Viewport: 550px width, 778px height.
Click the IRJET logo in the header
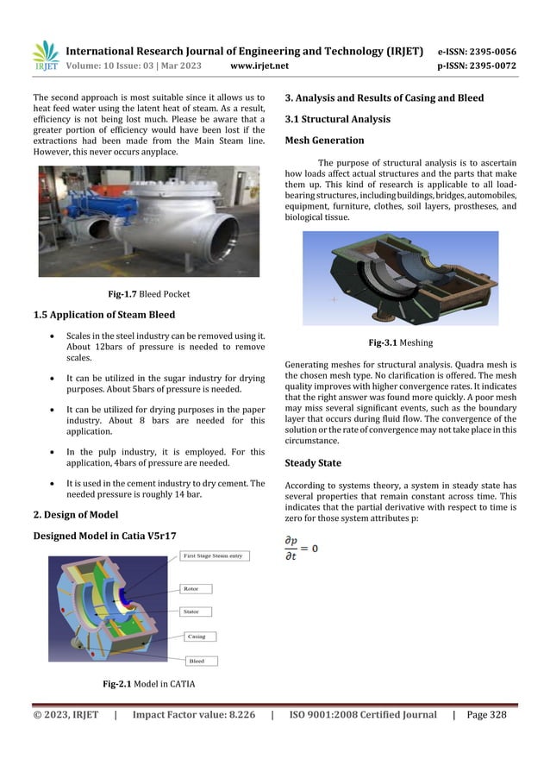[44, 55]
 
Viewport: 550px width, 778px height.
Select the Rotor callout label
[192, 589]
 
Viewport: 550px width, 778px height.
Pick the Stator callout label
[192, 612]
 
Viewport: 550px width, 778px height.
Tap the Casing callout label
[196, 637]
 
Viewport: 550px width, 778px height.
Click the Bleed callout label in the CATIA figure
[197, 662]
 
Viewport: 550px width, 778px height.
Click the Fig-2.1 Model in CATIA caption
[149, 684]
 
